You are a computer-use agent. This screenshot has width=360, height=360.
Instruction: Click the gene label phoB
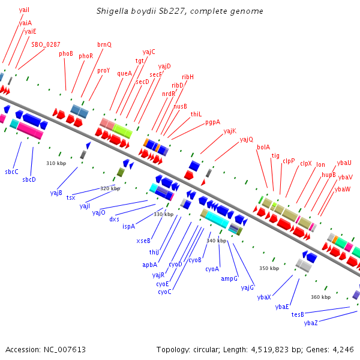coord(66,53)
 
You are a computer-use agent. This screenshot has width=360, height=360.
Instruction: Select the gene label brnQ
coord(104,44)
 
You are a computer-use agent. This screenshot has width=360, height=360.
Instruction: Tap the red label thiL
coord(196,114)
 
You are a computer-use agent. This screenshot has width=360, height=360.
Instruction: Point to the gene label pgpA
coord(212,122)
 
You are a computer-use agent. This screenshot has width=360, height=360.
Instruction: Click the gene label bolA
coord(263,147)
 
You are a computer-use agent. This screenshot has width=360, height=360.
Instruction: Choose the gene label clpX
coord(306,163)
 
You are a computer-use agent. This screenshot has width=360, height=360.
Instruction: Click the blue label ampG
coord(229,279)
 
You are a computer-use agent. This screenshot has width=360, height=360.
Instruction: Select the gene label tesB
coord(298,314)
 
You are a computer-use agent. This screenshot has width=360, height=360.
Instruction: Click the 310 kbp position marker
coord(55,163)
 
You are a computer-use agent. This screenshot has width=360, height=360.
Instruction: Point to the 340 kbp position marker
coord(216,241)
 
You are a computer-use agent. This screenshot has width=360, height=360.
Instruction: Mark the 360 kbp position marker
coord(320,297)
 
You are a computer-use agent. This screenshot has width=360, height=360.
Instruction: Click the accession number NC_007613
coord(65,349)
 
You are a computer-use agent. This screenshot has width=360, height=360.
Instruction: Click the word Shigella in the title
coord(113,11)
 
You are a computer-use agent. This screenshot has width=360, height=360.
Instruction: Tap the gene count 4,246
coord(342,349)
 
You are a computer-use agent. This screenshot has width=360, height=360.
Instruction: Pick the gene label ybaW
coord(343,190)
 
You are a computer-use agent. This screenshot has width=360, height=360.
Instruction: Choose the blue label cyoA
coord(212,269)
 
